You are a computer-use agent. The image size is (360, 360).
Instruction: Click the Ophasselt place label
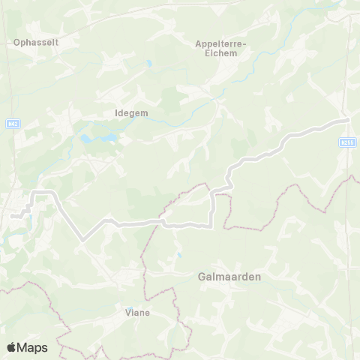pyautogui.click(x=36, y=43)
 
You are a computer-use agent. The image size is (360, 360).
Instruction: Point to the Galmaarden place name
pyautogui.click(x=229, y=276)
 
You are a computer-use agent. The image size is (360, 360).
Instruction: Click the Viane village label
pyautogui.click(x=137, y=313)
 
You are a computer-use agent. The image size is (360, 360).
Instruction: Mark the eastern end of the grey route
pyautogui.click(x=348, y=119)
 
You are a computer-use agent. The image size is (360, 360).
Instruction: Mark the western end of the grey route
pyautogui.click(x=13, y=216)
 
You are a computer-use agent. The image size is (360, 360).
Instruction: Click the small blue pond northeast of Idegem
pyautogui.click(x=149, y=64)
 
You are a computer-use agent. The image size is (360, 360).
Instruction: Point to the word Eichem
pyautogui.click(x=226, y=53)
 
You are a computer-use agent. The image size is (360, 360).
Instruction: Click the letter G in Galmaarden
pyautogui.click(x=202, y=276)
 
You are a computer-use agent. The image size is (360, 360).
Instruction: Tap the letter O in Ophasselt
pyautogui.click(x=16, y=43)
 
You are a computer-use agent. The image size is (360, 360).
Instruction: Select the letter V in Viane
pyautogui.click(x=127, y=313)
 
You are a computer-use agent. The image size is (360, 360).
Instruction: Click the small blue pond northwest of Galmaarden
pyautogui.click(x=179, y=256)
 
